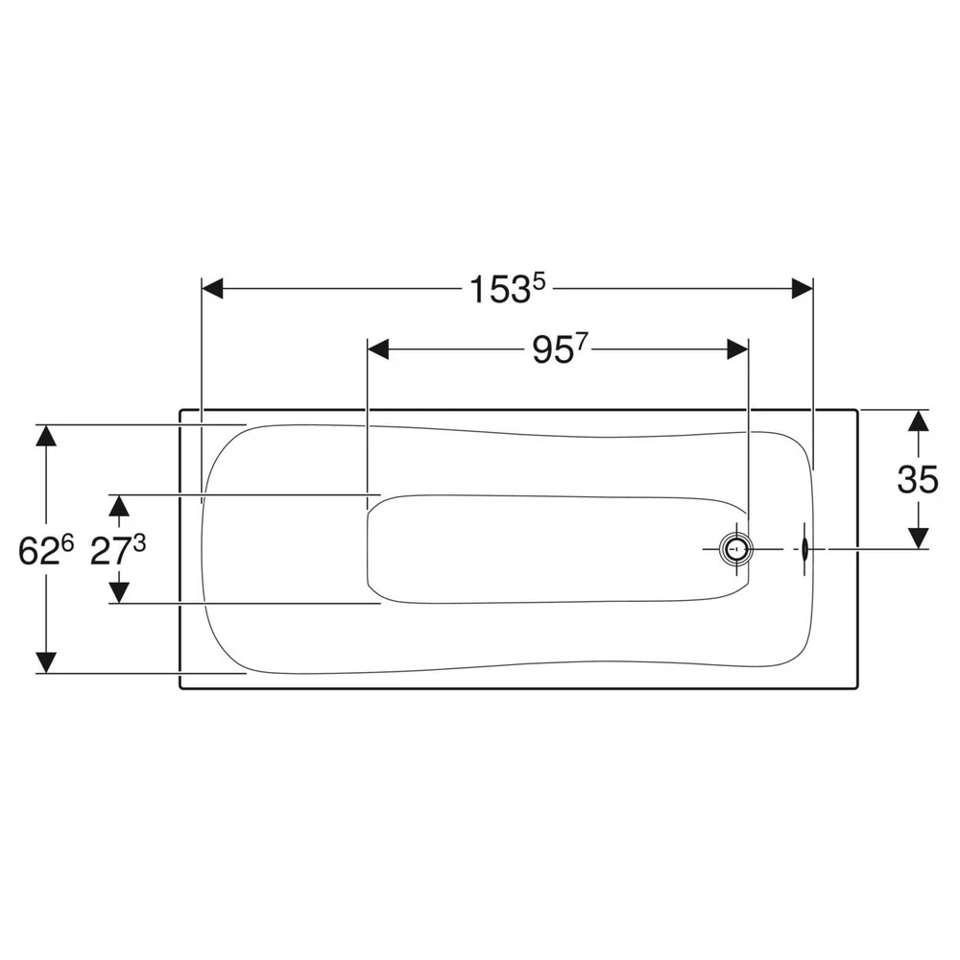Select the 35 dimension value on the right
point(918,479)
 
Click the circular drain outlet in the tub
point(736,549)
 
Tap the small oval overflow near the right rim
point(805,549)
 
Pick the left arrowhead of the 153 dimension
point(212,288)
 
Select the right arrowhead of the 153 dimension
point(802,288)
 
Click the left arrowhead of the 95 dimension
point(377,350)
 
